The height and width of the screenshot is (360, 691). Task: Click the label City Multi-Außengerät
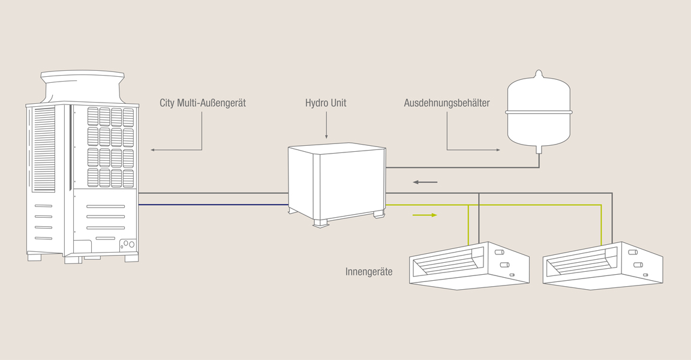pyautogui.click(x=203, y=103)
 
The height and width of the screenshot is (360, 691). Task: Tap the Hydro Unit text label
pyautogui.click(x=326, y=103)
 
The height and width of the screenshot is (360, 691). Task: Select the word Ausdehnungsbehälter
pyautogui.click(x=447, y=103)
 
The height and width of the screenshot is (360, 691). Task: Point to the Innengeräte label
pyautogui.click(x=369, y=272)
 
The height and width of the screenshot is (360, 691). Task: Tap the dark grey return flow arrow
pyautogui.click(x=425, y=182)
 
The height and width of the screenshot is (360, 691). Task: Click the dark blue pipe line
pyautogui.click(x=213, y=205)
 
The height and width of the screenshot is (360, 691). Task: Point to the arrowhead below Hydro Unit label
pyautogui.click(x=326, y=137)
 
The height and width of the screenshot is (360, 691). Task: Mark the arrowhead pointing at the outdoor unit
pyautogui.click(x=153, y=149)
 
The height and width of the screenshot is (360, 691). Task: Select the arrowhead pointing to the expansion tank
pyautogui.click(x=497, y=149)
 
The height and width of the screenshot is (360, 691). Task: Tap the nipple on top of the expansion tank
pyautogui.click(x=539, y=74)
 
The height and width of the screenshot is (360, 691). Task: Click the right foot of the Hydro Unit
pyautogui.click(x=378, y=215)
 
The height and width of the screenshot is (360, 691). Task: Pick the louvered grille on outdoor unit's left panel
pyautogui.click(x=44, y=149)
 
